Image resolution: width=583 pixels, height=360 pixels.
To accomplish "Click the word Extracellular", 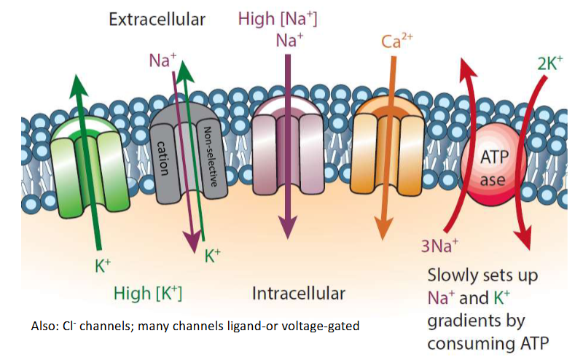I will (157, 19).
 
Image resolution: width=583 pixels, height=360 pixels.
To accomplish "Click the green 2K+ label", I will (550, 63).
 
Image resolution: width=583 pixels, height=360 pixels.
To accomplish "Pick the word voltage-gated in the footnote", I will (326, 326).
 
